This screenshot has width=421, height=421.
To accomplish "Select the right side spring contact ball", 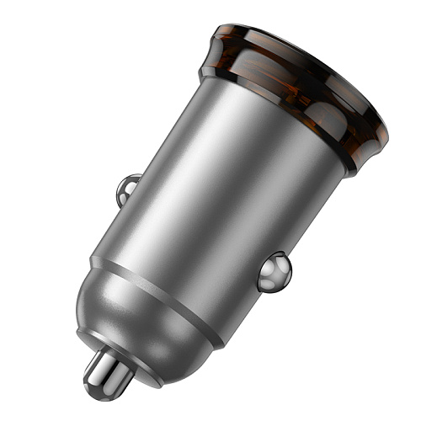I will click(x=274, y=272).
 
